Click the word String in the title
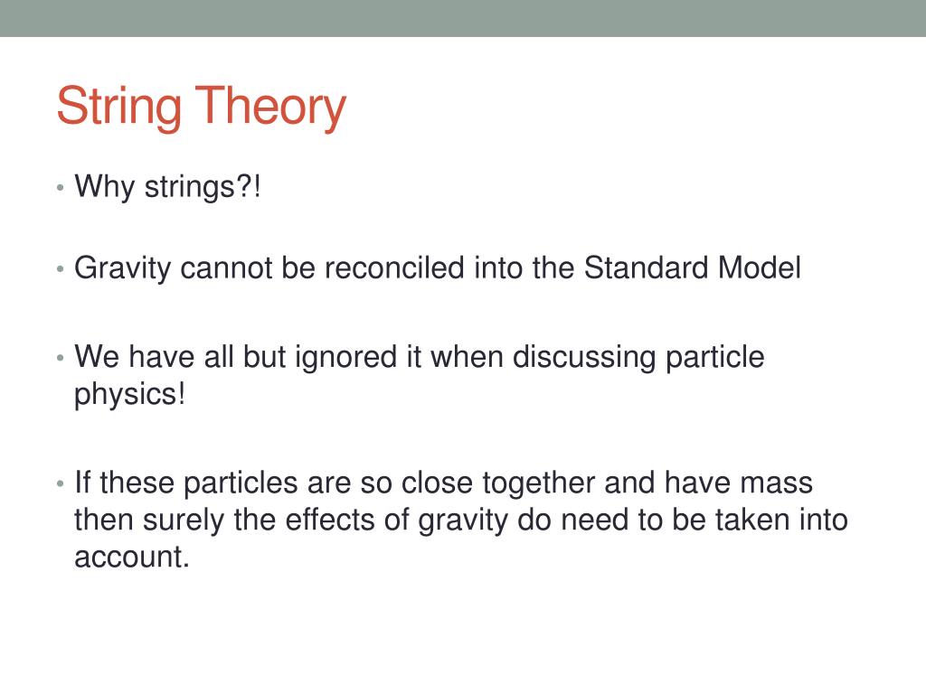[119, 108]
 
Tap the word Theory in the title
[270, 108]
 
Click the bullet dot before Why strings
[60, 188]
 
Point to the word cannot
[225, 267]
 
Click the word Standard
[646, 267]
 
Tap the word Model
[760, 267]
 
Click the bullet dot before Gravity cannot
[60, 269]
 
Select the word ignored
[345, 358]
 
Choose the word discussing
[584, 358]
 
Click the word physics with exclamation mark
[130, 394]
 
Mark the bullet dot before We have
[60, 358]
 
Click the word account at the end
[132, 557]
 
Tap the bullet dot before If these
[60, 484]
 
